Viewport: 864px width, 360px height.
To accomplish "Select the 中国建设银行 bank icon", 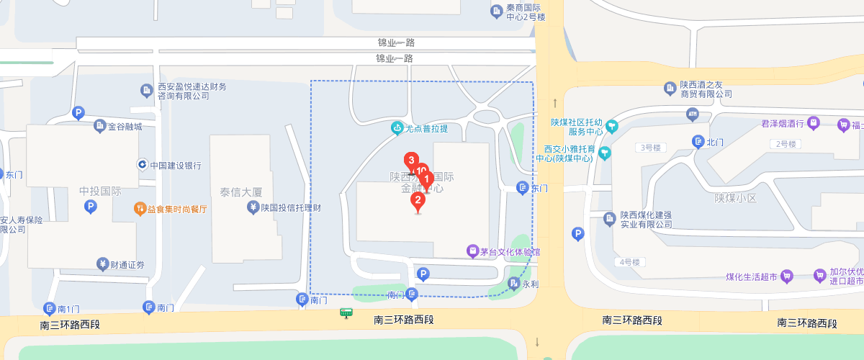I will tap(143, 165).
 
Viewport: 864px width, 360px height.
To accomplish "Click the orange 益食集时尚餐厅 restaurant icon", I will tap(140, 209).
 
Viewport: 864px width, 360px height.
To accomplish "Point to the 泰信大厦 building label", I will tap(241, 192).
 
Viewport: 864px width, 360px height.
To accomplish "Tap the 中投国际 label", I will tap(100, 192).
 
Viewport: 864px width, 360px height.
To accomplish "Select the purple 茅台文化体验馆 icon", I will tap(472, 251).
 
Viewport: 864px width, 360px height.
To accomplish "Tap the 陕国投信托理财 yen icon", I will tap(253, 208).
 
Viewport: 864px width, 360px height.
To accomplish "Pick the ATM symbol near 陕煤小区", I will tap(693, 114).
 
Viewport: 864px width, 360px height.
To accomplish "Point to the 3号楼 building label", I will tap(650, 148).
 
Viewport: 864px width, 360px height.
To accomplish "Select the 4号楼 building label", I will tap(629, 261).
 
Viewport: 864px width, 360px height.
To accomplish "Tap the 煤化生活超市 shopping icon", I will tap(787, 276).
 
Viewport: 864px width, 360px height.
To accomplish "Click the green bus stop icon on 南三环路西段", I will tap(347, 313).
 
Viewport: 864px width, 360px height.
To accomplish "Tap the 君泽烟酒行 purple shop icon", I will tap(814, 123).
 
